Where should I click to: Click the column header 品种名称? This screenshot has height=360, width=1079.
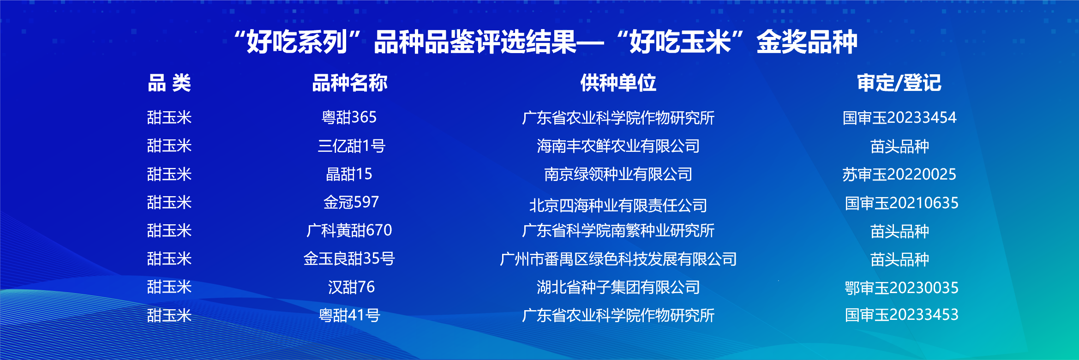click(350, 83)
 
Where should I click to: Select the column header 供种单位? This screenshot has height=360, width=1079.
click(618, 83)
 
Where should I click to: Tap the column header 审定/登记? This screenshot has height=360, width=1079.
click(899, 83)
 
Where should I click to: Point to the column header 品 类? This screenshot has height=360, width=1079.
click(169, 83)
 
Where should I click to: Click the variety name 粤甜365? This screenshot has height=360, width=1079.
click(349, 117)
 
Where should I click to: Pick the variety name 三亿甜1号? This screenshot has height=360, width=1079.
click(351, 146)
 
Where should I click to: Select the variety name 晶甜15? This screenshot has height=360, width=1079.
click(349, 174)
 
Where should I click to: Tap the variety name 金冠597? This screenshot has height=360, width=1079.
click(351, 202)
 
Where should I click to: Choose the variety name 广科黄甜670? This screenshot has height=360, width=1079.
click(349, 230)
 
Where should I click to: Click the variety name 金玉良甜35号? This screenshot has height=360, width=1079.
click(349, 258)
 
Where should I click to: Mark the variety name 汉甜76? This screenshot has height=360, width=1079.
click(351, 287)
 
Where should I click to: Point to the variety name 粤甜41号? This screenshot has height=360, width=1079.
click(349, 315)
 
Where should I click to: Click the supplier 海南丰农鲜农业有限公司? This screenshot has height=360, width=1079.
click(618, 146)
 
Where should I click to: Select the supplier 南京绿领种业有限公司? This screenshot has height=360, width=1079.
click(618, 174)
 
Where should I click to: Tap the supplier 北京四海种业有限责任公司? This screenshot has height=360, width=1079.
click(618, 205)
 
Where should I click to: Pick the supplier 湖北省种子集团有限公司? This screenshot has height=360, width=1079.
click(618, 287)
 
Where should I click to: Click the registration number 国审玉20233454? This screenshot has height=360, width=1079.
click(899, 118)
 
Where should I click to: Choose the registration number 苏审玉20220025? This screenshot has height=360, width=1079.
click(899, 174)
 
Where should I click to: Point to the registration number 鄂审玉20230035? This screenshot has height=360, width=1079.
click(901, 288)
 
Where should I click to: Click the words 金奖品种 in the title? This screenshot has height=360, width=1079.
click(807, 42)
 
